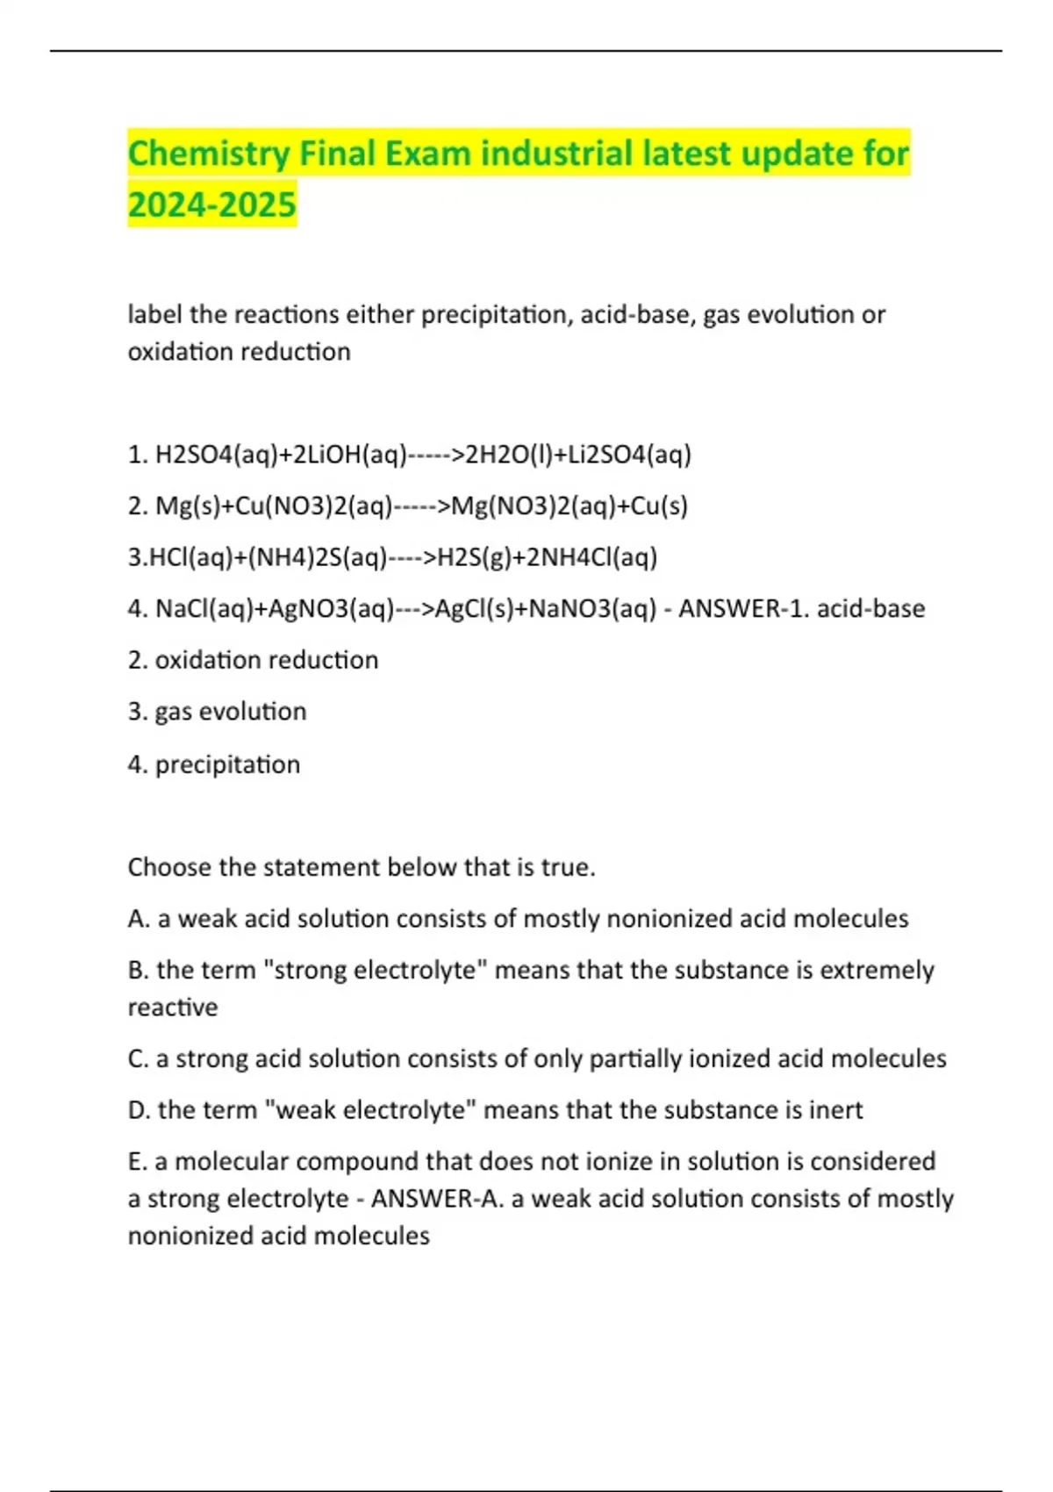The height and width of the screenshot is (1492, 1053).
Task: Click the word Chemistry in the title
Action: tap(209, 154)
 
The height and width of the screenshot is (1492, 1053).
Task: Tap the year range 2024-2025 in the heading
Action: tap(212, 205)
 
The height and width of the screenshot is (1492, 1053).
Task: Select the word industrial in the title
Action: tap(556, 154)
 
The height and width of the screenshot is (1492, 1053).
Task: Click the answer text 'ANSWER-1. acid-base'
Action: tap(801, 609)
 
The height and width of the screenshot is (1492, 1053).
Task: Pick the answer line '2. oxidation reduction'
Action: tap(253, 660)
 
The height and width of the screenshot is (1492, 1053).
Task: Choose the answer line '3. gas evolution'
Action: tap(217, 712)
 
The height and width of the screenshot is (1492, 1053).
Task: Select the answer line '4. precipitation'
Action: tap(214, 764)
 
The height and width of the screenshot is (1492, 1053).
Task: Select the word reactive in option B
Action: tap(173, 1007)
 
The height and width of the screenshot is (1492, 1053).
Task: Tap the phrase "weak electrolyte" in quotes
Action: tap(369, 1109)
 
